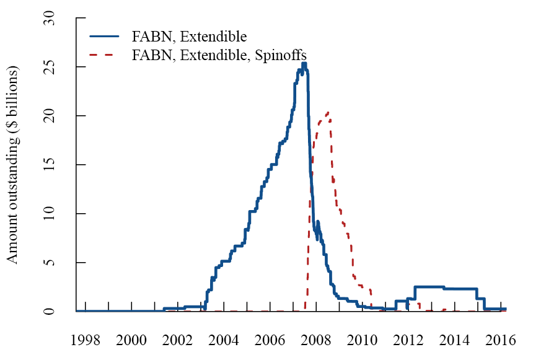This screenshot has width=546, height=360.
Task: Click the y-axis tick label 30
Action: point(50,19)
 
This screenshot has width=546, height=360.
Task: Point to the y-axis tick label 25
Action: point(50,67)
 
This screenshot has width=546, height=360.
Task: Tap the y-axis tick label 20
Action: point(50,116)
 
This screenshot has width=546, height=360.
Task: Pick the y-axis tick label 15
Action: point(50,165)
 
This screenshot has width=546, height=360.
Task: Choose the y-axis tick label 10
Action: point(50,214)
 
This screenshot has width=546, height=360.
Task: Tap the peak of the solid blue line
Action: point(304,64)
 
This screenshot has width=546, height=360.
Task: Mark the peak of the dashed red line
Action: point(327,112)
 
